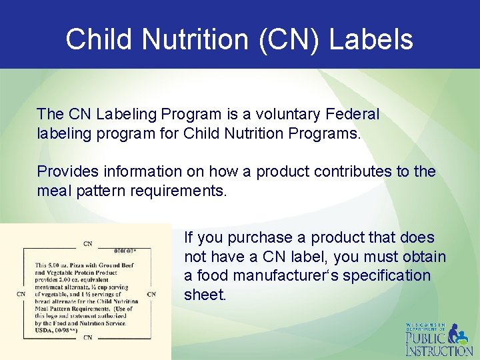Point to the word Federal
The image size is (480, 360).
(x=353, y=114)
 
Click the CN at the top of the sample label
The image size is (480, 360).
(x=87, y=243)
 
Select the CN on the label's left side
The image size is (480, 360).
(x=21, y=293)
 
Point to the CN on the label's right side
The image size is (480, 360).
(x=151, y=293)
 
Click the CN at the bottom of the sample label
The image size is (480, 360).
(x=87, y=337)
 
